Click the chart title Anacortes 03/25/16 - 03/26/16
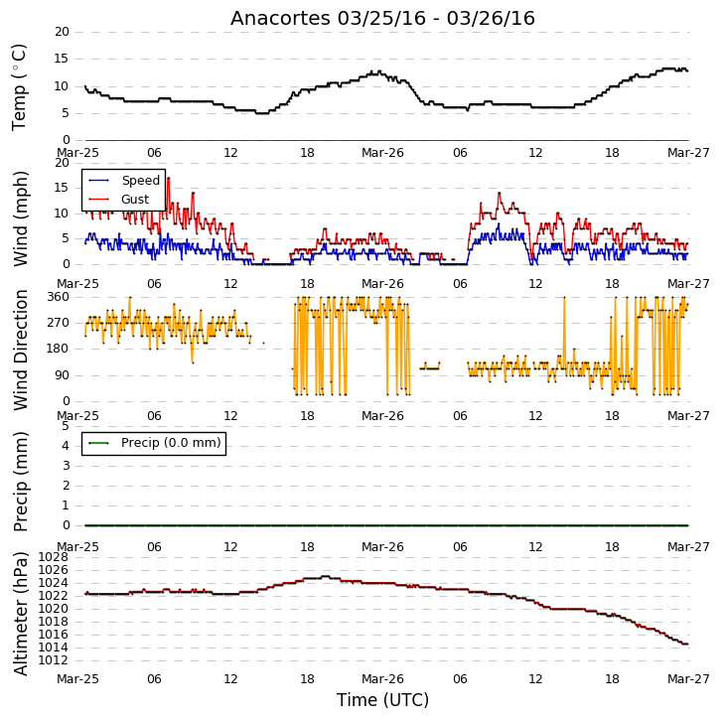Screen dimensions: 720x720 [382, 18]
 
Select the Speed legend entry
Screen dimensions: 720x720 [124, 181]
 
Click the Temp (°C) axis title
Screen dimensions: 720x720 [19, 87]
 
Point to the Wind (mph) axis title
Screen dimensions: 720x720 [20, 218]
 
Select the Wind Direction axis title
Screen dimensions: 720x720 [20, 350]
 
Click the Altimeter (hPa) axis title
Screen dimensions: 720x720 [20, 614]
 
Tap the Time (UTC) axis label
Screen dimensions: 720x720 [382, 700]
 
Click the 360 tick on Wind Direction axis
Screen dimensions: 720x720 [59, 297]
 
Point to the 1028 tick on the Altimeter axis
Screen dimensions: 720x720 [53, 557]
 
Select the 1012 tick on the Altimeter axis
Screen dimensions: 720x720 [53, 660]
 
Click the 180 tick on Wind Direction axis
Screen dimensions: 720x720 [59, 349]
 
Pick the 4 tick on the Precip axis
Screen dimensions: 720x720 [66, 446]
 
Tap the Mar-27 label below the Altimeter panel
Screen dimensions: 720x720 [688, 679]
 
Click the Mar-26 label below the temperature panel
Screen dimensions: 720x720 [382, 153]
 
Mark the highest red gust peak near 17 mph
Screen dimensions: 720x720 [169, 178]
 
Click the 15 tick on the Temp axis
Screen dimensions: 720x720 [62, 59]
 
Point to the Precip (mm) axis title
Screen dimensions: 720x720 [20, 482]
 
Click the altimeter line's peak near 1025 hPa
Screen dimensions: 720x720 [326, 576]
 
